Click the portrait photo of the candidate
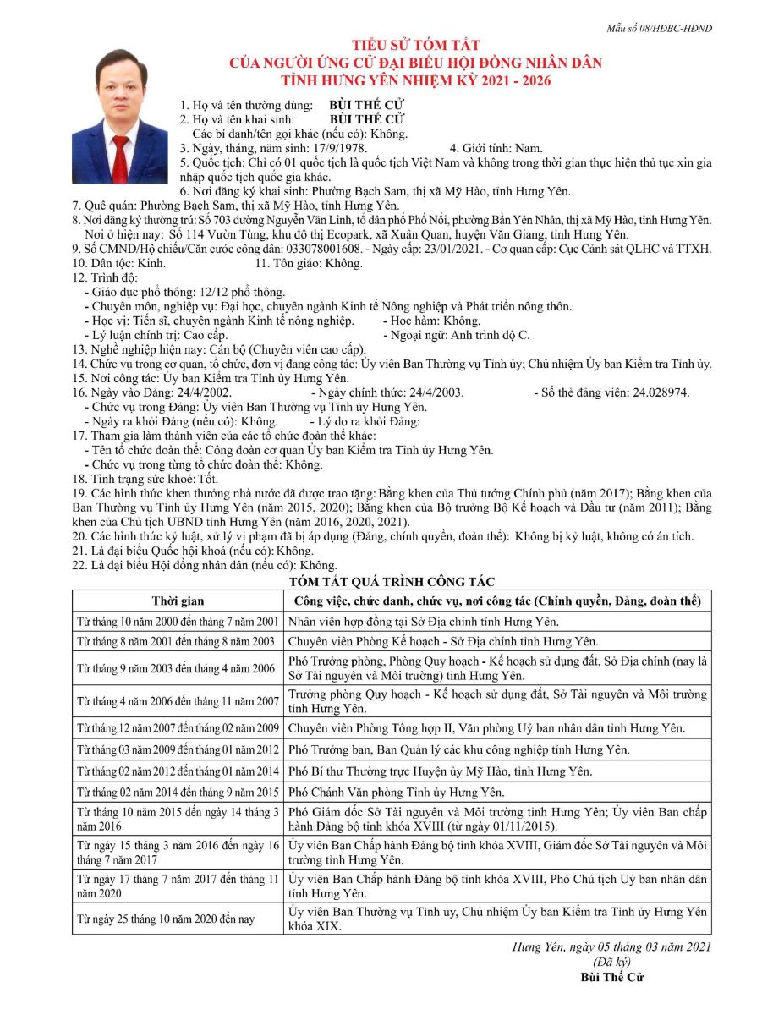point(120,116)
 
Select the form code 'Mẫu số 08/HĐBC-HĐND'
point(660,29)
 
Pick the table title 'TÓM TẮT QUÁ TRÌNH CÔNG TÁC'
point(392,581)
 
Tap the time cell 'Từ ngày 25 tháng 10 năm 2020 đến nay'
point(166,919)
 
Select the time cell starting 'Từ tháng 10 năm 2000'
point(177,622)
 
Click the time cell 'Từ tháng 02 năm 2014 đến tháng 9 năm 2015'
point(177,793)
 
